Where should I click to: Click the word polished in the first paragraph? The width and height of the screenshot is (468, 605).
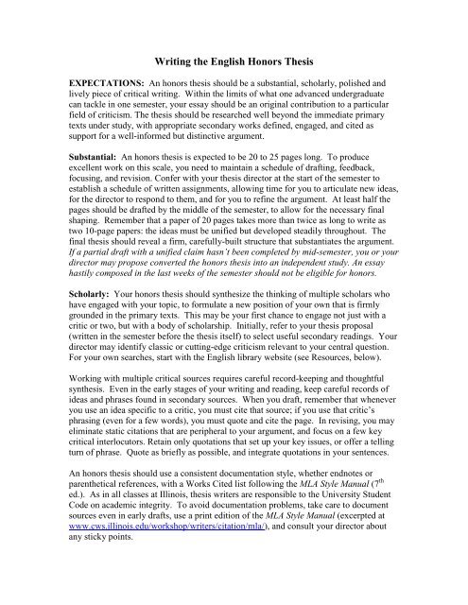[370, 96]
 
